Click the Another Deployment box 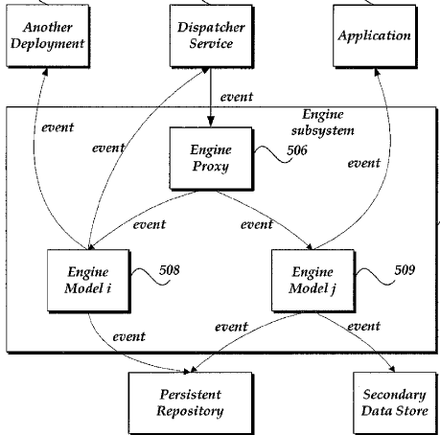point(48,35)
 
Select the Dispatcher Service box point(211,35)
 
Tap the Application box point(375,35)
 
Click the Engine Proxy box point(211,158)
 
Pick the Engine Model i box point(88,281)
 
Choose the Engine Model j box point(313,281)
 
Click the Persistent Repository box point(191,403)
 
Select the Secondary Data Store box point(395,403)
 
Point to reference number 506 point(297,150)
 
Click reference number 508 point(170,270)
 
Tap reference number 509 point(405,270)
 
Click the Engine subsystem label point(323,123)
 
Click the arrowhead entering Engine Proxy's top point(211,122)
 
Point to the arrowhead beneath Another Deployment point(45,72)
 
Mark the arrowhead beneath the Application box point(377,72)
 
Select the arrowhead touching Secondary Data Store point(392,369)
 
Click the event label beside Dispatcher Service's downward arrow point(237,97)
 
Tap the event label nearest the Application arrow point(364,163)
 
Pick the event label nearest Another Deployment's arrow point(58,127)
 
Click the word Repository point(190,411)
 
